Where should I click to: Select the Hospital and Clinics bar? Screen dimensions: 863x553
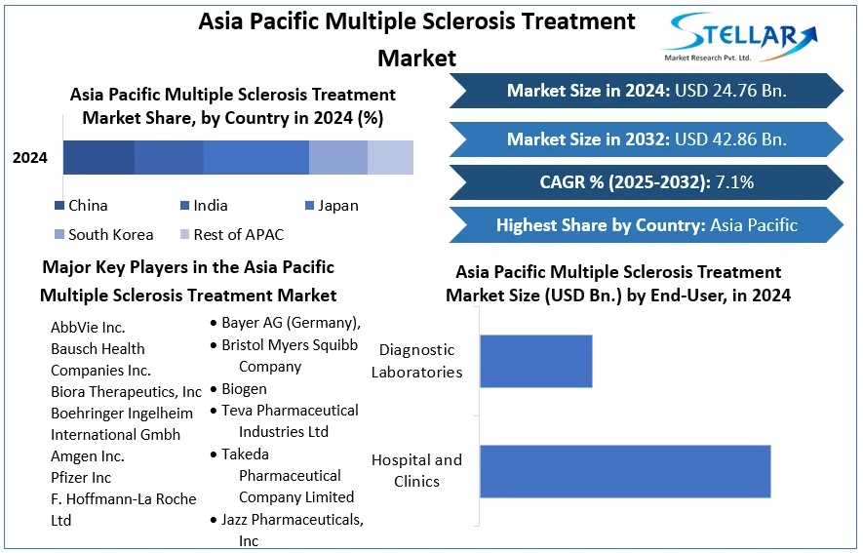point(625,472)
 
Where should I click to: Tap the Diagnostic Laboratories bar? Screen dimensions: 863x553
point(536,361)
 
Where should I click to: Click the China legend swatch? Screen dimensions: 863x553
point(59,206)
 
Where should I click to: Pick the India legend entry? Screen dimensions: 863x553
point(204,206)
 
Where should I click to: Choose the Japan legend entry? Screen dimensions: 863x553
point(332,206)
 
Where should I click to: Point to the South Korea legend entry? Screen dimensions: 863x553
point(104,235)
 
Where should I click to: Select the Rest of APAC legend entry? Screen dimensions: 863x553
point(232,235)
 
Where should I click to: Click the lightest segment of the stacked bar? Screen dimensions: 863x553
point(390,157)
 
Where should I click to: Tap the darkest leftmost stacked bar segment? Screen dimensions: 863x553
point(99,157)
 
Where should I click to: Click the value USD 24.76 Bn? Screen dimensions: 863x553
point(730,91)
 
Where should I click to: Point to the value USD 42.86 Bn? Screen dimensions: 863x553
point(730,139)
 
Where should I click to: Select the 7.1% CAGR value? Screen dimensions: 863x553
point(734,182)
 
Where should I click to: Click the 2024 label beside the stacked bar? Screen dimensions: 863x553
point(29,158)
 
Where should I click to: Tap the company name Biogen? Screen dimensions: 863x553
point(244,389)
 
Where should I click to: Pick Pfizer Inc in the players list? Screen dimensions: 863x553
point(81,478)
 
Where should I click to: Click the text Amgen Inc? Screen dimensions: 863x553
point(88,456)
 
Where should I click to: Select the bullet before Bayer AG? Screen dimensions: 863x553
point(214,323)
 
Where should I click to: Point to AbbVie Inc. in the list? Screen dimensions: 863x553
point(88,328)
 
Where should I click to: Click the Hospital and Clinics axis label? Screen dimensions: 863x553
point(416,470)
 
